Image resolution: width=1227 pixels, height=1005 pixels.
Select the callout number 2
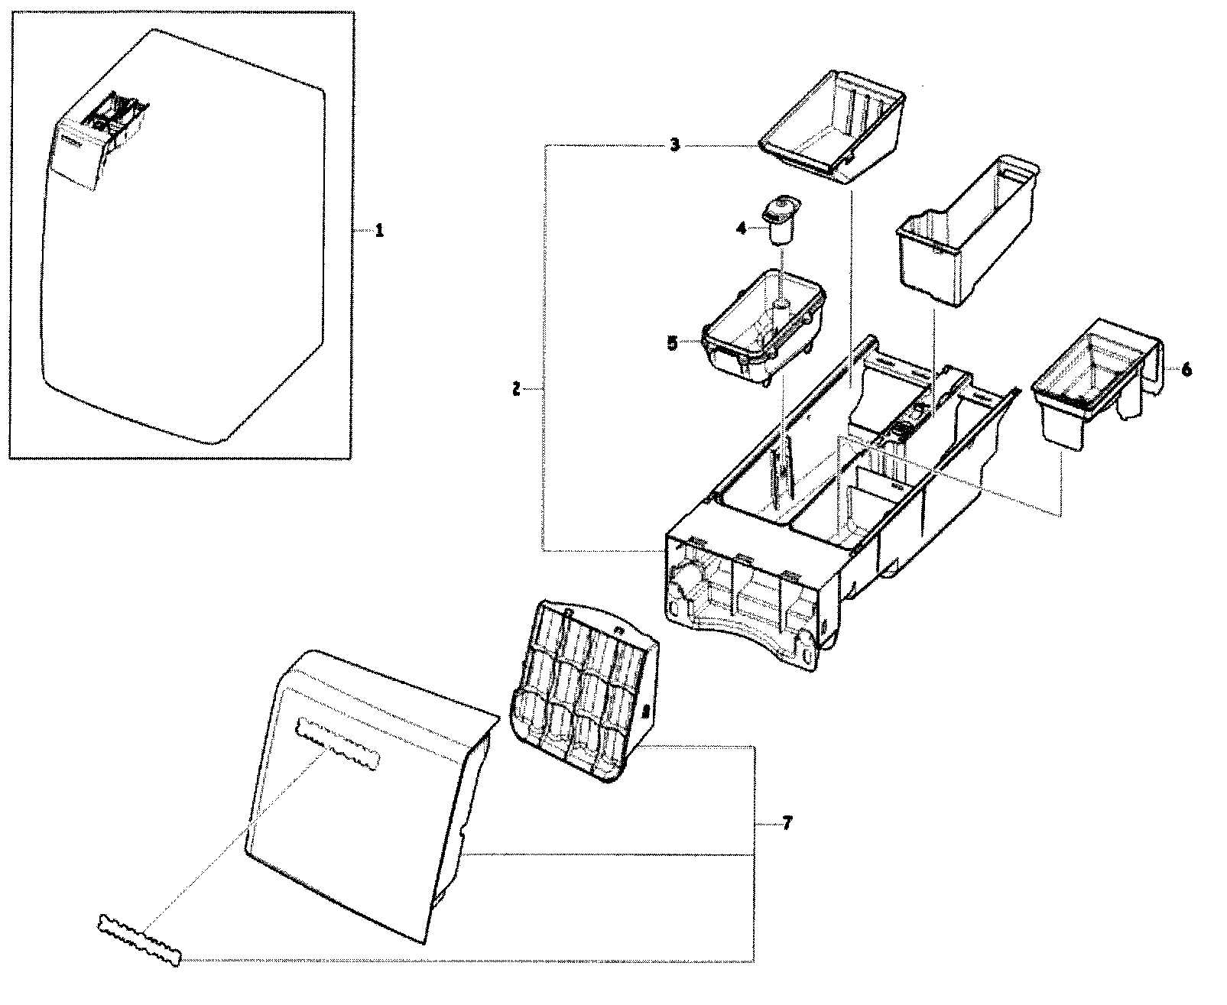click(516, 390)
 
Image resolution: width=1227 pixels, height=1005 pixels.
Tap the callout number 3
click(674, 145)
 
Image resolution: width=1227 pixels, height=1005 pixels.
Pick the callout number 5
click(672, 343)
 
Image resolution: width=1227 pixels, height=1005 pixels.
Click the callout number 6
click(1186, 369)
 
